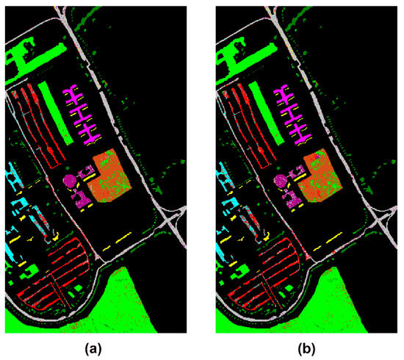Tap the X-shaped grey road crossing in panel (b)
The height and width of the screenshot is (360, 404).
[383, 218]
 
